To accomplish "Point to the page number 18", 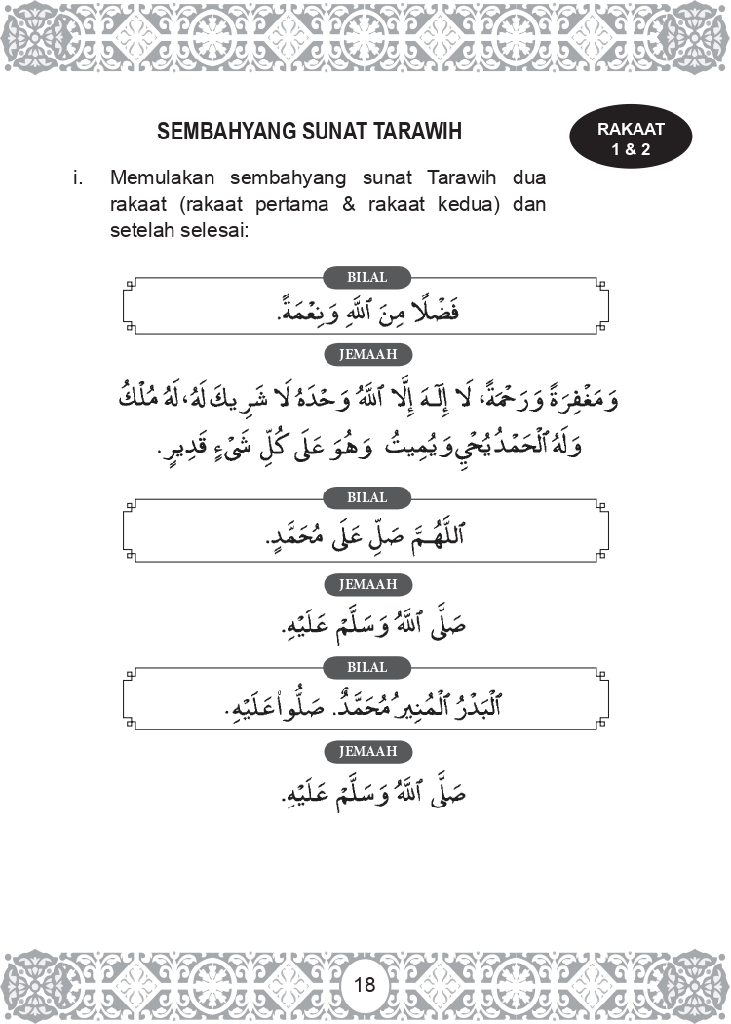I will pyautogui.click(x=365, y=984).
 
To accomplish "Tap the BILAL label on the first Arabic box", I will pyautogui.click(x=366, y=278).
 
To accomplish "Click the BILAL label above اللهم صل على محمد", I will pyautogui.click(x=366, y=498).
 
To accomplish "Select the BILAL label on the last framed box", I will pyautogui.click(x=366, y=668).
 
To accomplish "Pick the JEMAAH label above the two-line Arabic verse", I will pyautogui.click(x=366, y=355).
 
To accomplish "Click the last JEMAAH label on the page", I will pyautogui.click(x=366, y=752).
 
